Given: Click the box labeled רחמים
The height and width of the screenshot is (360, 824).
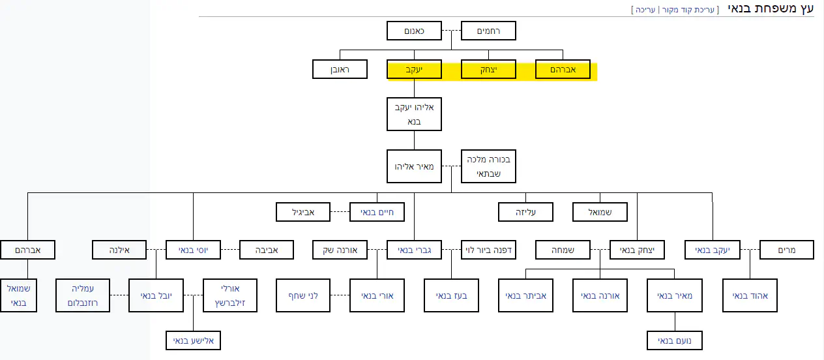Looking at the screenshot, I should click(488, 31).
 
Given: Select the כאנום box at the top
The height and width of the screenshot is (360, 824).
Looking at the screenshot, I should click(414, 31).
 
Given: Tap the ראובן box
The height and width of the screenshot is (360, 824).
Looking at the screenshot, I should click(340, 69).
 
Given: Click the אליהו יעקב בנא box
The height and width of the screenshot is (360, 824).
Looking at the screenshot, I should click(414, 114).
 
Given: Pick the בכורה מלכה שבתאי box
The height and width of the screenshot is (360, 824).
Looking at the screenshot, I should click(488, 166).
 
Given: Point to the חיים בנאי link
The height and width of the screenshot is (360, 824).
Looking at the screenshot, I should click(377, 212).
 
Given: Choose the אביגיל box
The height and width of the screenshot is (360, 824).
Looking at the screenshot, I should click(303, 212).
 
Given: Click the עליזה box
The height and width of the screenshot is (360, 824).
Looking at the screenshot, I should click(525, 212).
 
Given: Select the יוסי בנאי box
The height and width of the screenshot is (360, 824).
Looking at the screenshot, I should click(193, 250).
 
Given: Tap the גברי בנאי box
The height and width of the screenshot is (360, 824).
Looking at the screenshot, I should click(414, 250).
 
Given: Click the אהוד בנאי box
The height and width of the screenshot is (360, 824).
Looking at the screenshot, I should click(750, 295).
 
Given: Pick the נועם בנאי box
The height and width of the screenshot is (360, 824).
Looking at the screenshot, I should click(675, 340).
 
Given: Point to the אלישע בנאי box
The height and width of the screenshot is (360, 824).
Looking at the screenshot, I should click(193, 340).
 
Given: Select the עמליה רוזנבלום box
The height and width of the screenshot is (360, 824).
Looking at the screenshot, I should click(82, 295).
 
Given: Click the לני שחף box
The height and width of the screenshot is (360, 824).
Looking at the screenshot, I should click(303, 295).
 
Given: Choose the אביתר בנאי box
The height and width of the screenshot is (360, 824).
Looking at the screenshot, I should click(525, 295).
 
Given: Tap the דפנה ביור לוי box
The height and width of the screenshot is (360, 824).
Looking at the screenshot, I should click(488, 250).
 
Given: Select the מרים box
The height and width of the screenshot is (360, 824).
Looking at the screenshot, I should click(787, 250).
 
